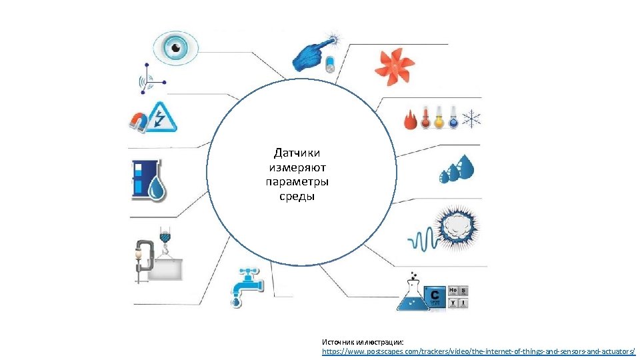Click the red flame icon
click(410, 121)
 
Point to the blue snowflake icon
click(472, 120)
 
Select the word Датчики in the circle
click(297, 153)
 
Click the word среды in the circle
click(297, 197)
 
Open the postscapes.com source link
click(478, 351)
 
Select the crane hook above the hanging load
click(165, 237)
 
